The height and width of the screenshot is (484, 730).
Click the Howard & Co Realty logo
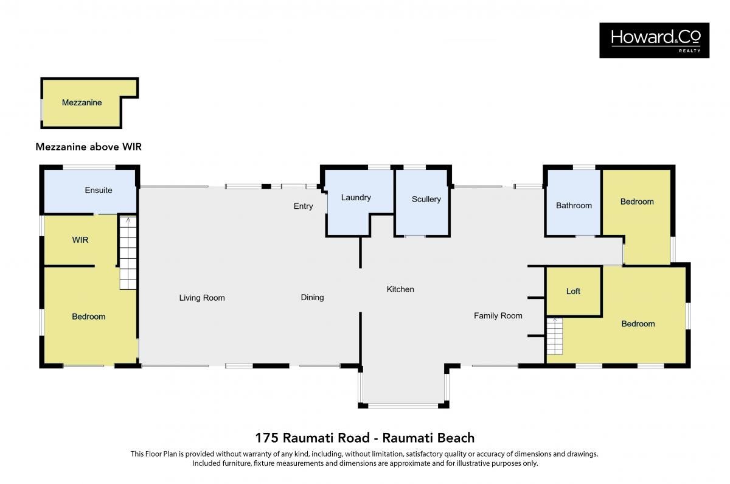(x=654, y=40)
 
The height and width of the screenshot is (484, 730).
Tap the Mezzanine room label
(x=82, y=102)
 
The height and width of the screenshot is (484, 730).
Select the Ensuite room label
(x=99, y=190)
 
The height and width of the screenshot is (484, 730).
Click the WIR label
(x=80, y=240)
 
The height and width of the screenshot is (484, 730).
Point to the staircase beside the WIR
(x=128, y=253)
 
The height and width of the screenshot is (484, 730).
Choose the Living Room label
(x=202, y=298)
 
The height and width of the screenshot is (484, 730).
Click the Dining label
(x=312, y=298)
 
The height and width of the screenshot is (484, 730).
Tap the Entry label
(x=303, y=206)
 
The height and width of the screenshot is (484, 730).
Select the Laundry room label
(x=356, y=198)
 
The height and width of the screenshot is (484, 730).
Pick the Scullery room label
(x=426, y=199)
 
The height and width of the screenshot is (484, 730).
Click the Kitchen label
(x=400, y=289)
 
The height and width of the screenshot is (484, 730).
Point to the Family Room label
(x=498, y=316)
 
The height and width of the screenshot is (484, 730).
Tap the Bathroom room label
(x=574, y=206)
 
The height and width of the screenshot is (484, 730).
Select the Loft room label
(x=573, y=291)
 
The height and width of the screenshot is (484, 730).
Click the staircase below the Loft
(x=555, y=336)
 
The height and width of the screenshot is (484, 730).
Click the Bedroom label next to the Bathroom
(x=637, y=202)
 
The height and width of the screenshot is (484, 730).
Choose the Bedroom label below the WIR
(x=89, y=317)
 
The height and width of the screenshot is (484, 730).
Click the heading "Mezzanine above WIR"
(x=89, y=147)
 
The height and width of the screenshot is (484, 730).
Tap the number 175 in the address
(x=267, y=438)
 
